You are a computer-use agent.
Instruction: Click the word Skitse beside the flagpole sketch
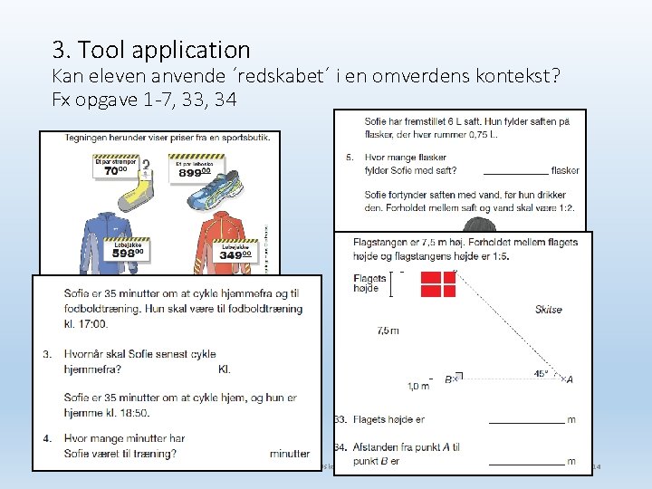click(548, 310)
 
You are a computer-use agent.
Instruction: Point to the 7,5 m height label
click(388, 331)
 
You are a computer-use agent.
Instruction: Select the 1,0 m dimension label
click(418, 386)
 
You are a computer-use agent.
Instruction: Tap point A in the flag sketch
click(569, 379)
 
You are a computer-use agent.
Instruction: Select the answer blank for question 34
click(525, 462)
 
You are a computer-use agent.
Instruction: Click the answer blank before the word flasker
click(515, 170)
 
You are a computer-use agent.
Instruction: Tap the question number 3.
click(47, 354)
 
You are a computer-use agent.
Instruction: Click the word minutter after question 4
click(289, 454)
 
